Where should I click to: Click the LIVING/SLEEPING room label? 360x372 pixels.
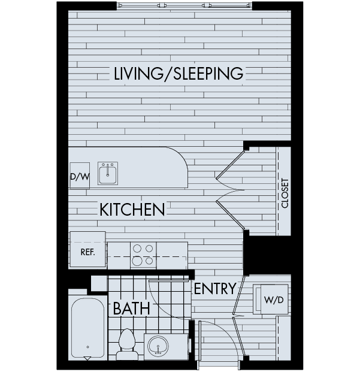point(179,73)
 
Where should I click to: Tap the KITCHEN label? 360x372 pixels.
point(132,210)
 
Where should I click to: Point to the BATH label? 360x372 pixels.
point(131,308)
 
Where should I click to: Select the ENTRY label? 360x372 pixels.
point(215,288)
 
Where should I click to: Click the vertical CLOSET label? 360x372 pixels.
point(285,193)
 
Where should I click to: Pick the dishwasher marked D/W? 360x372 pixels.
point(80,176)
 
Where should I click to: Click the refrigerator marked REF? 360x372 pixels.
point(87,249)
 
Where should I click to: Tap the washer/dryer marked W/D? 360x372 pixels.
point(274,300)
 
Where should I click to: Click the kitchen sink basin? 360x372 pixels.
point(108,174)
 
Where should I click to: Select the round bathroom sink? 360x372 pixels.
point(158,346)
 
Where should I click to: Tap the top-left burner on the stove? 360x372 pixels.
point(137,249)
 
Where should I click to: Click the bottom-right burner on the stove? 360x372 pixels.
point(149,261)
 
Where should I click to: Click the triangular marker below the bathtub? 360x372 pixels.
point(87,358)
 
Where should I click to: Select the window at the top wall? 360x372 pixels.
point(184,5)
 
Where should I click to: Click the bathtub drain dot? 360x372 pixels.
point(87,347)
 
